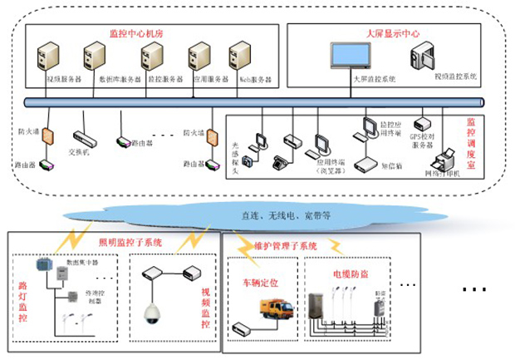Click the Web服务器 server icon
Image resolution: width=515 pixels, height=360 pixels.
tap(248, 59)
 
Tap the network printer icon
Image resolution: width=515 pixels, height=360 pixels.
tap(446, 159)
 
